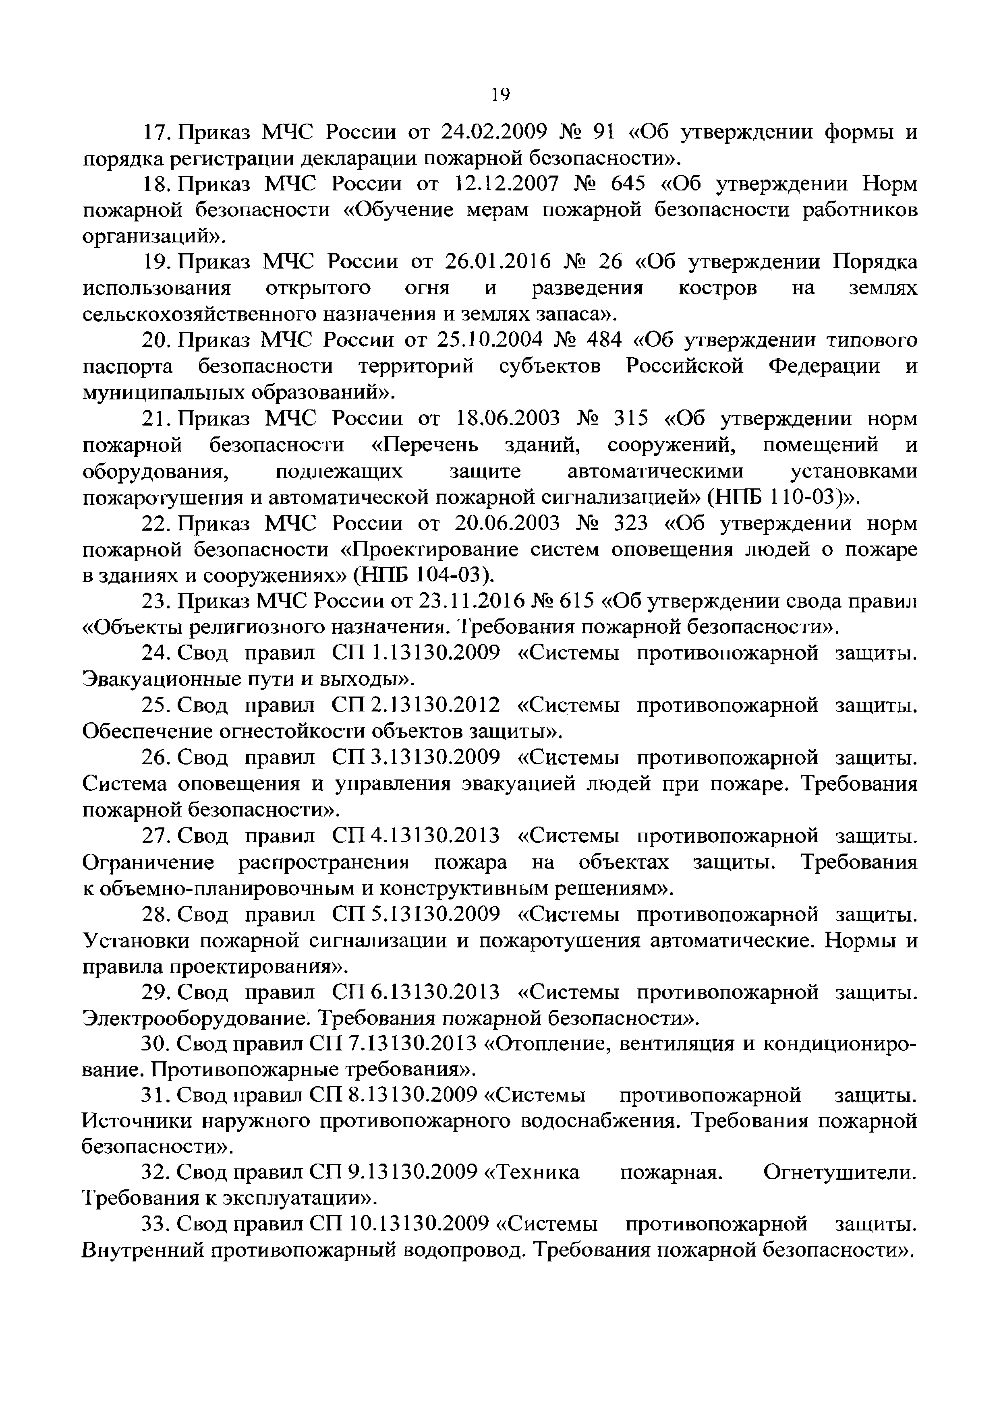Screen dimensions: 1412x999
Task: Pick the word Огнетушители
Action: coord(839,1173)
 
